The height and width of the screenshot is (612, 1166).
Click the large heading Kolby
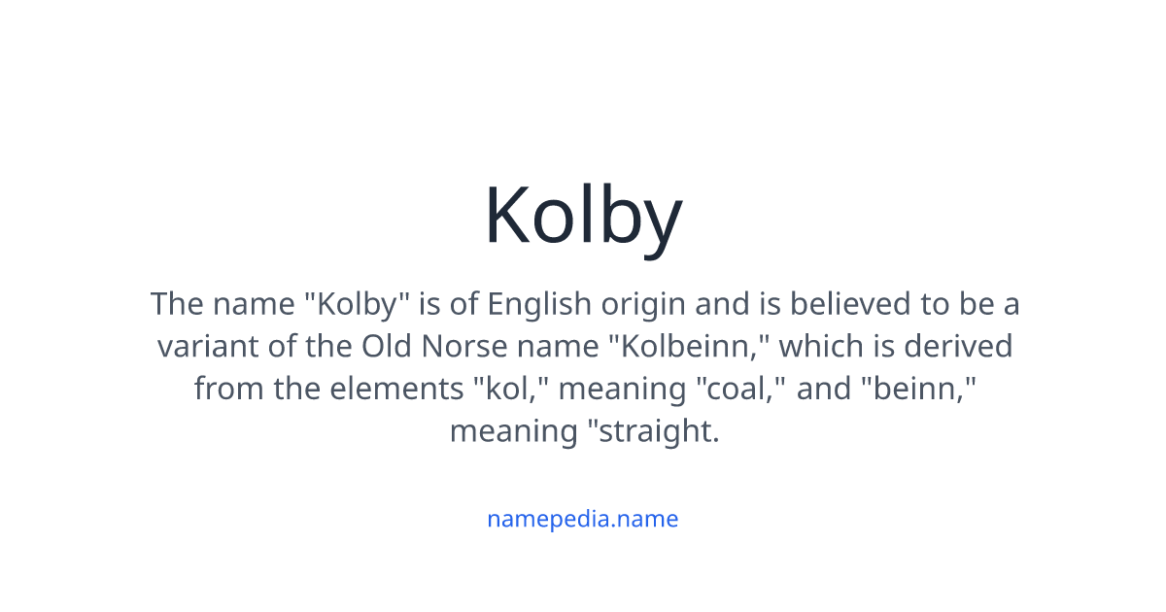pos(583,216)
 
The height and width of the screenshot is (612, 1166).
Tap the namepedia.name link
pos(582,519)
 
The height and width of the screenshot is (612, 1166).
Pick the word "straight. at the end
pos(654,430)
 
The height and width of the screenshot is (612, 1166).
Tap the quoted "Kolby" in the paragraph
pos(357,304)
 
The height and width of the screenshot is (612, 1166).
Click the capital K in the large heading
pos(506,216)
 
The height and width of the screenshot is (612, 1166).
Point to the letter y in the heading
pos(662,223)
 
